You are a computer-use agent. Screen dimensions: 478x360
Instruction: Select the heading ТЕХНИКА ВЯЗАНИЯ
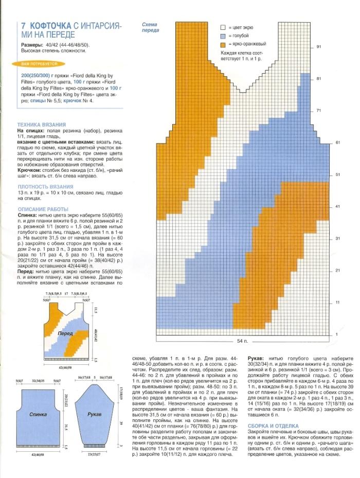[41, 125]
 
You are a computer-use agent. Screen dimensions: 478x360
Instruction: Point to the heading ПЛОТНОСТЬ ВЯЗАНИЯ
[45, 187]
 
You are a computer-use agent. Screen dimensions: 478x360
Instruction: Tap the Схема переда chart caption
[151, 27]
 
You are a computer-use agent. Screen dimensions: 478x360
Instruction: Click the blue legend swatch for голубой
[223, 36]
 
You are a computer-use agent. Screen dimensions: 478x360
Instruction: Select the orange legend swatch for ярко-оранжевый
[223, 44]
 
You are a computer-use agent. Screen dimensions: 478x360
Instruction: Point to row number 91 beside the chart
[319, 47]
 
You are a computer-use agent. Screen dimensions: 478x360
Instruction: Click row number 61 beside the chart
[338, 143]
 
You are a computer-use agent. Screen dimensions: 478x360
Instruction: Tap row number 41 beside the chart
[338, 206]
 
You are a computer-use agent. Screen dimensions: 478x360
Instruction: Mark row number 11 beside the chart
[338, 302]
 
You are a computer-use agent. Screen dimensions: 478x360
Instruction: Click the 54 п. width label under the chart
[242, 341]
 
